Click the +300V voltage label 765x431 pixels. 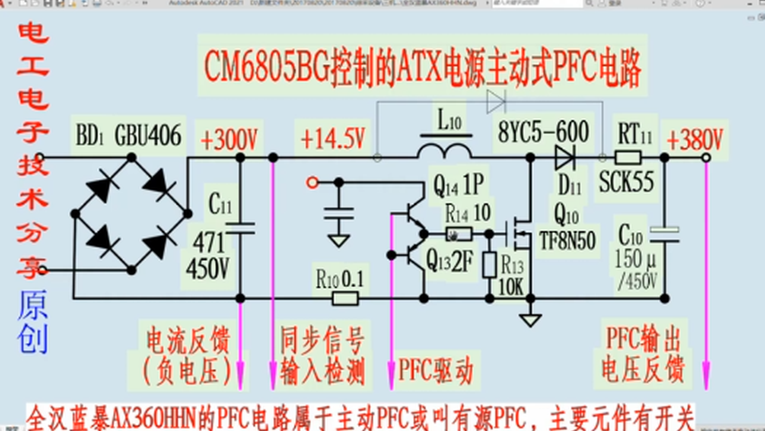coord(229,140)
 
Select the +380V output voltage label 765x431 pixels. coord(695,140)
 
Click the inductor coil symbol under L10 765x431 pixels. coord(444,151)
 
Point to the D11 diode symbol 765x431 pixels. coord(564,158)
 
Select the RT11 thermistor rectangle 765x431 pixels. coord(628,158)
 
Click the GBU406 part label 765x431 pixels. coord(148,136)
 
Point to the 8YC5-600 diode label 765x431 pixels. coord(543,132)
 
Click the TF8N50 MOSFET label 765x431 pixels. coord(568,241)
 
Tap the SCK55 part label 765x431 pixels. coord(626,183)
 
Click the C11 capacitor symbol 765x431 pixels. coord(240,227)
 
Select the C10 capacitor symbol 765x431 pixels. coord(664,234)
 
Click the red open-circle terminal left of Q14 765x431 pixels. coord(312,183)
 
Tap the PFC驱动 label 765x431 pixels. coord(436,371)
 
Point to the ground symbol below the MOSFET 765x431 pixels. coord(530,320)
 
